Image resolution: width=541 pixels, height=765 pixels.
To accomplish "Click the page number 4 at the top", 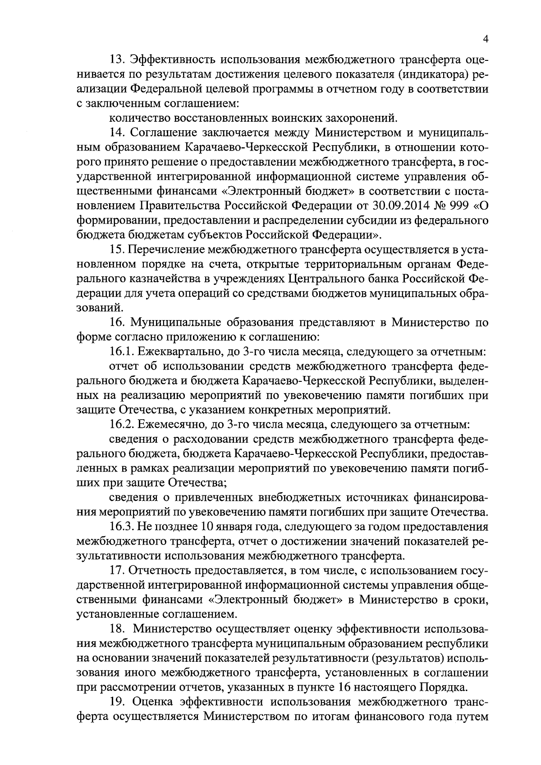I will tap(485, 39).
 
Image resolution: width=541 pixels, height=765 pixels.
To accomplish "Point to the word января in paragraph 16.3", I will tap(225, 527).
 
